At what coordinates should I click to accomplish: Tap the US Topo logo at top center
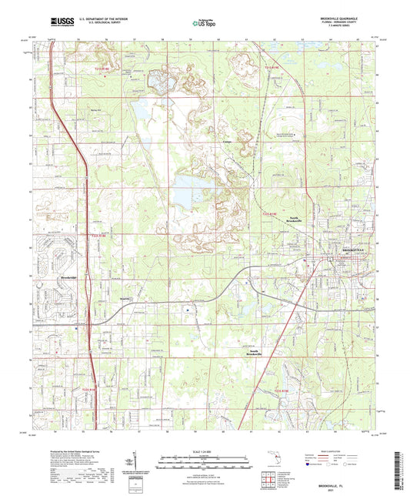202,23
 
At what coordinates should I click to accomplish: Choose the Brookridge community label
67,277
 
